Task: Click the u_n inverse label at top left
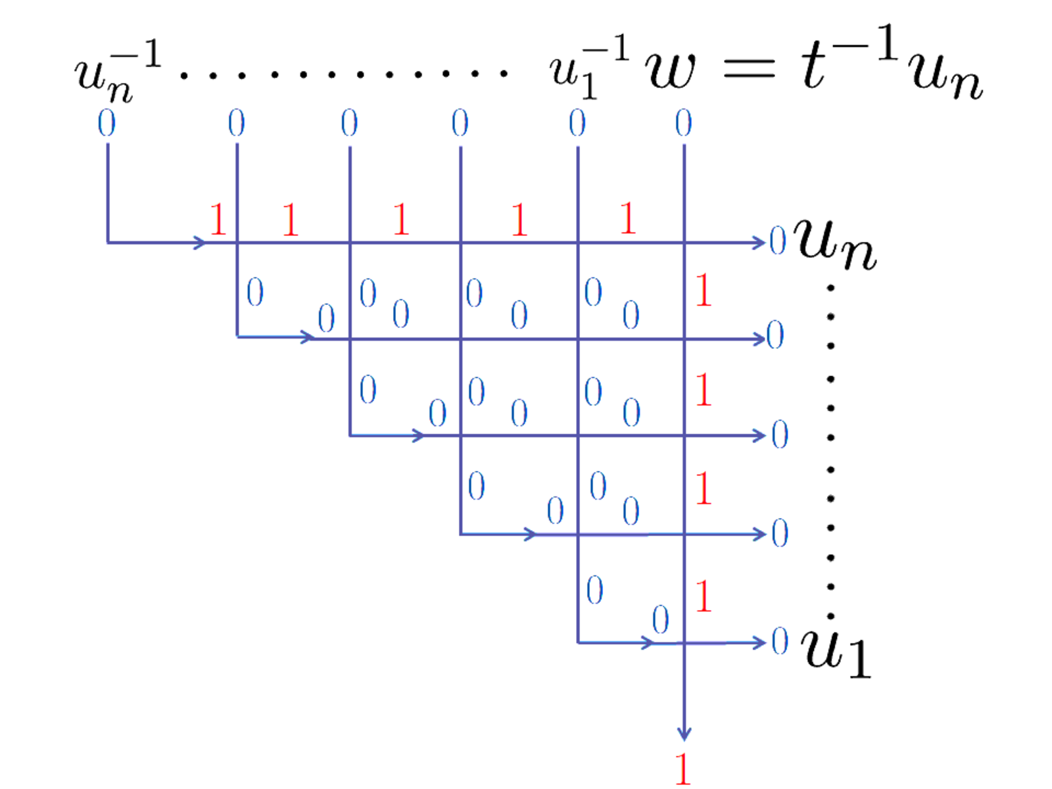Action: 118,71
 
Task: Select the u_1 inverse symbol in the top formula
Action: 589,66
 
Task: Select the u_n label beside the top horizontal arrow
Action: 834,245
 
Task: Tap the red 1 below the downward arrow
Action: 683,769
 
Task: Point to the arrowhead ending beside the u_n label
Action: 759,243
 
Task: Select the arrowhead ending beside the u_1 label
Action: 759,643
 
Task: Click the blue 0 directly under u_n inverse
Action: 107,123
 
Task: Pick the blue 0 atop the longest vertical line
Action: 683,123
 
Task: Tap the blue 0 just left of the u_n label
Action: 778,241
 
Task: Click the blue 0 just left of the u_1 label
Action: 780,640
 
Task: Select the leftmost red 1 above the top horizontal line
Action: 218,219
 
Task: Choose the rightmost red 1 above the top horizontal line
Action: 628,218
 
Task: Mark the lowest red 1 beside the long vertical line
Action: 703,596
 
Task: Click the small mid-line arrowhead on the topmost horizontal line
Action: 200,243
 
